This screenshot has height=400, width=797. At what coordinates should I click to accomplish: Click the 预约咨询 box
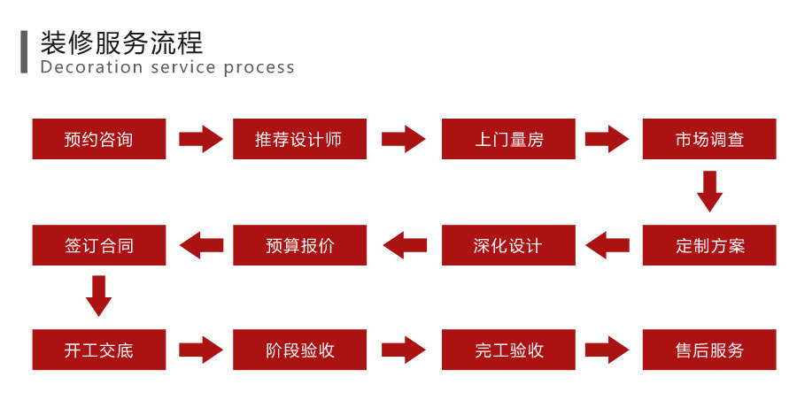(99, 139)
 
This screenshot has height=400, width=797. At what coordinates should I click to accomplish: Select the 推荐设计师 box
(299, 139)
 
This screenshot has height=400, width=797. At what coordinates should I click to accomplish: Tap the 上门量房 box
(508, 139)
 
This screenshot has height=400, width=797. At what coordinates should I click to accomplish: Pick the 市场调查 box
(709, 139)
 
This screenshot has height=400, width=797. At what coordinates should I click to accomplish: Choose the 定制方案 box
(709, 245)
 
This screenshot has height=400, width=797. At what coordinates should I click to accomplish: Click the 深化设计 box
(508, 245)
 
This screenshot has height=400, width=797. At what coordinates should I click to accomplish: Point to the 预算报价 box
(299, 245)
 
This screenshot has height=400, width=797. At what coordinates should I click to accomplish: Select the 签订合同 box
(99, 245)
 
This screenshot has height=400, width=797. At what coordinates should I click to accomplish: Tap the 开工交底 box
(99, 350)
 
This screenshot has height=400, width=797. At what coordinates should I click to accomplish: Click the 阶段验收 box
(299, 350)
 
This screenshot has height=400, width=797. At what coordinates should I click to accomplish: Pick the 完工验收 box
(508, 350)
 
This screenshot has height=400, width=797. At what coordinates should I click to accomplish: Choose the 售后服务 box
(709, 350)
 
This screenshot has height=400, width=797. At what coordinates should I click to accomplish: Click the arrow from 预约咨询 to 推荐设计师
(201, 139)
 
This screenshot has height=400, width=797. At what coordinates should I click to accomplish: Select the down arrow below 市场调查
(709, 191)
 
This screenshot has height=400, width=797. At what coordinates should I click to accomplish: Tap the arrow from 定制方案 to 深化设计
(608, 245)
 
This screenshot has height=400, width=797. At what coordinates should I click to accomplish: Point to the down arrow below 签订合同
(99, 296)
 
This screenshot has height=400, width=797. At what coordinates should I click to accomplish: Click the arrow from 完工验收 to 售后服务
(608, 350)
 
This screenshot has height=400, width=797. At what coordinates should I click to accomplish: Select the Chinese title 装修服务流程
(121, 42)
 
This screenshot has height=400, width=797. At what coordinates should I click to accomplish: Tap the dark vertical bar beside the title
(24, 53)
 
